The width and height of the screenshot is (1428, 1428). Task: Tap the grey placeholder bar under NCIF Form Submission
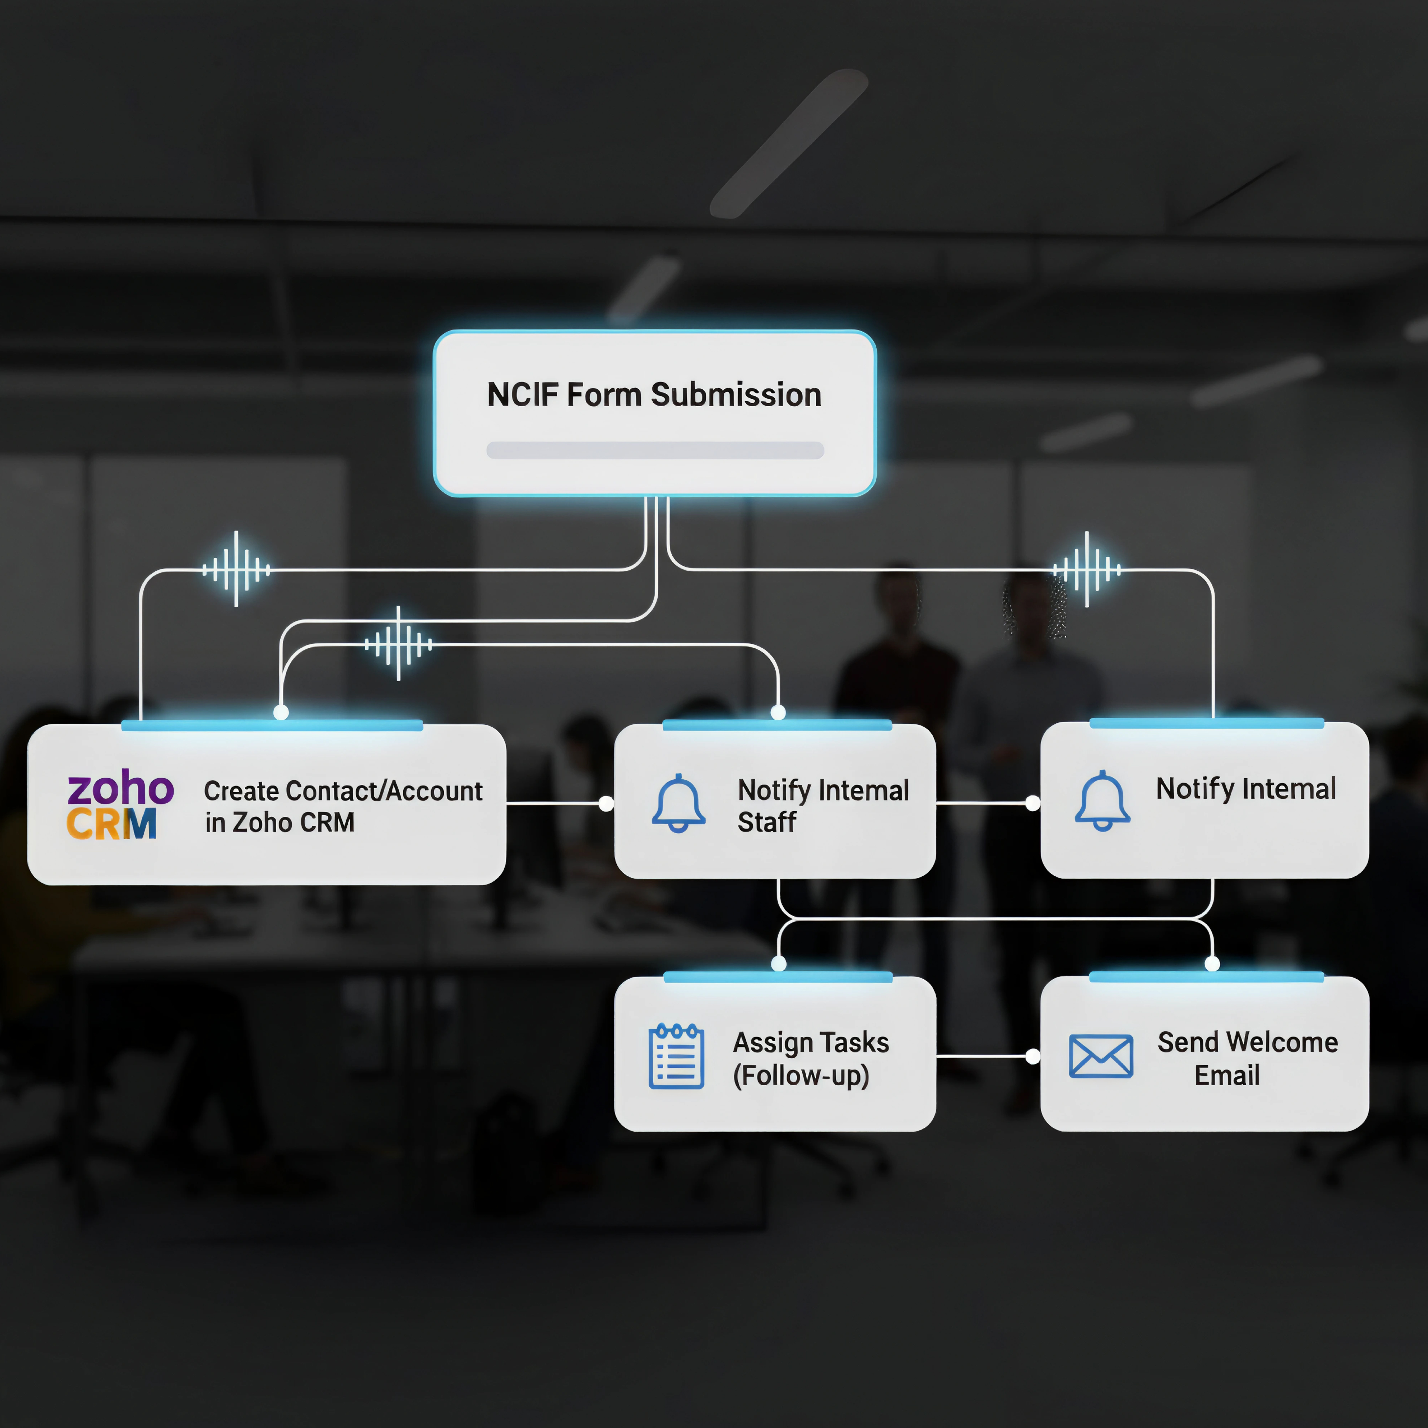tap(655, 450)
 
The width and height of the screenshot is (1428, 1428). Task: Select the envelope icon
tap(1101, 1056)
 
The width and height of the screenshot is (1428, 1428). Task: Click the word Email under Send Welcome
tap(1227, 1076)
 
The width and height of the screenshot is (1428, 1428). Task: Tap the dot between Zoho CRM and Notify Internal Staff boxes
tap(606, 803)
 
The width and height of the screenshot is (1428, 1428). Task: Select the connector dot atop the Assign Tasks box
tap(778, 963)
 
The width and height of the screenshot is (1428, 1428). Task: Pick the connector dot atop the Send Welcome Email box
tap(1212, 963)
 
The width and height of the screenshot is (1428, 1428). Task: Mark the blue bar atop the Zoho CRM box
tap(272, 725)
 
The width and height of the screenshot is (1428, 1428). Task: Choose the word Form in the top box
tap(604, 395)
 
